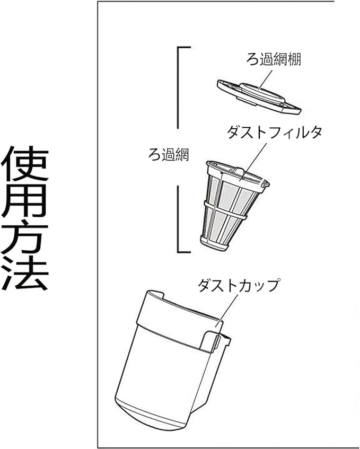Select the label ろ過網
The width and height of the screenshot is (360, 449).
coord(168,156)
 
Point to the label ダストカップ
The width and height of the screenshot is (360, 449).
coord(238,286)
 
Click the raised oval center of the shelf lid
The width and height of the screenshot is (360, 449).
coord(260,90)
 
